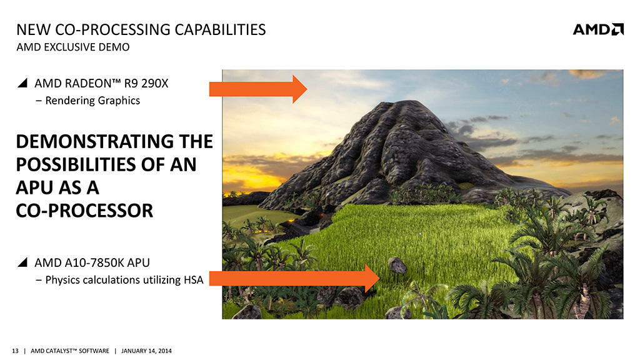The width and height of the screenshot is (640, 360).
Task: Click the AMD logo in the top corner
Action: pos(598,29)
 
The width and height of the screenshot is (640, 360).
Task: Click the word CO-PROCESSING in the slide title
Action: pos(112,30)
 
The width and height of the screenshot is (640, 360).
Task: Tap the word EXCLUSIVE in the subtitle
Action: pos(69,47)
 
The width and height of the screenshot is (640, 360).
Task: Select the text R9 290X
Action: pos(146,83)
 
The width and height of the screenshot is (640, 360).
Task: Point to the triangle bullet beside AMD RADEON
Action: pos(23,83)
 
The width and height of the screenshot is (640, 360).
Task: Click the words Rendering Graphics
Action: pos(92,101)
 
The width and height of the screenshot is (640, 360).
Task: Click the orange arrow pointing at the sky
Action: pos(258,89)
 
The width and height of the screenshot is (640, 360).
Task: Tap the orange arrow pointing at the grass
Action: pos(294,278)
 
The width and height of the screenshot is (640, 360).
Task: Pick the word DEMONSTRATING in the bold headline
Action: pos(97,142)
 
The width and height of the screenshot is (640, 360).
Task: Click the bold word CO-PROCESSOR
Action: pos(84,211)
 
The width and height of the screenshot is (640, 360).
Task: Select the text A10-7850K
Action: pos(94,262)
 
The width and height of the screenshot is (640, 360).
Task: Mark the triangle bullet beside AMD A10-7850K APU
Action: pos(23,262)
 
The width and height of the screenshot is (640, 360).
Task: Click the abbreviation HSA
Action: pos(194,280)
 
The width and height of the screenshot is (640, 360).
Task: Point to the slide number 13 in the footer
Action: pos(15,351)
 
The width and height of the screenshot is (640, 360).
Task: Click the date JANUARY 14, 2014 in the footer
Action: pos(146,351)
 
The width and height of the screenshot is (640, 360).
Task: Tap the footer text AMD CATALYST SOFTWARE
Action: pos(70,351)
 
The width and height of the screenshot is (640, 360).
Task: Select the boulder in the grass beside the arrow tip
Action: pos(397,265)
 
